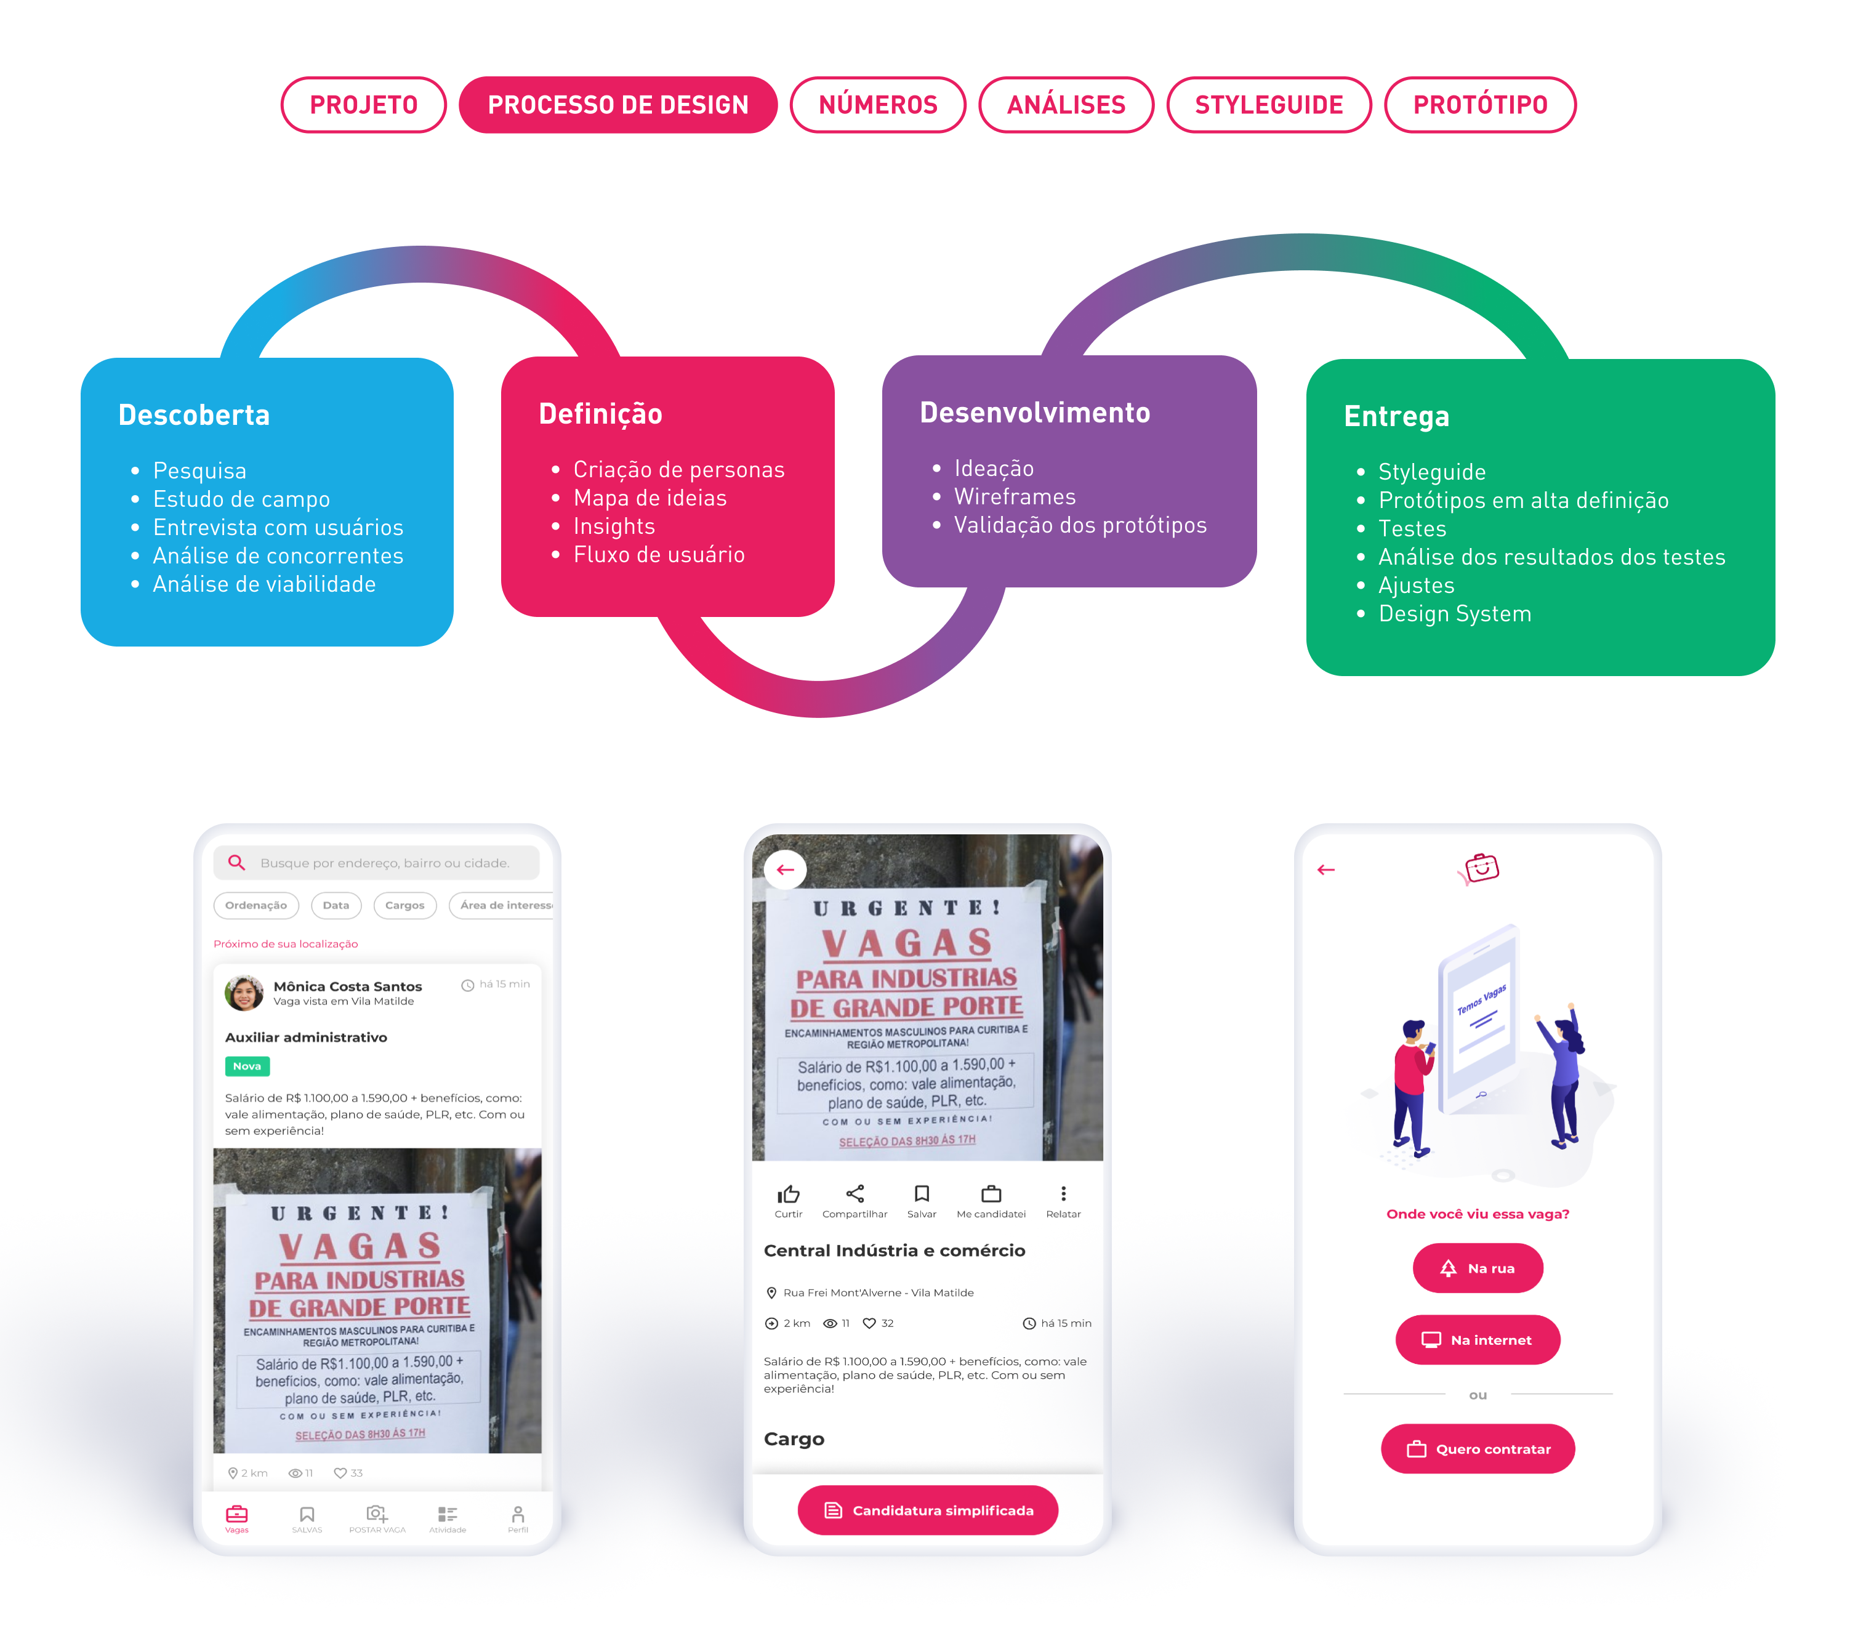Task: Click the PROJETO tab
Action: point(364,105)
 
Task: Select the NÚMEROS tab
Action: point(877,105)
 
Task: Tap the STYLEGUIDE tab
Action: point(1269,105)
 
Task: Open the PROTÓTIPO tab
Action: point(1480,105)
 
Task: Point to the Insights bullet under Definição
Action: point(614,526)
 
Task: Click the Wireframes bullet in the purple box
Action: point(1015,496)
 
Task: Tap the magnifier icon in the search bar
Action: point(236,863)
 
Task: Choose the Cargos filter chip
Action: point(404,905)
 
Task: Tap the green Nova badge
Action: point(247,1066)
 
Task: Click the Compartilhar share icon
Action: point(855,1193)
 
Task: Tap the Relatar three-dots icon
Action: point(1064,1193)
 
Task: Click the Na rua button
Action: point(1478,1268)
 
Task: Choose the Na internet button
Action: point(1478,1340)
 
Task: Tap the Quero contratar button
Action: point(1478,1449)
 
